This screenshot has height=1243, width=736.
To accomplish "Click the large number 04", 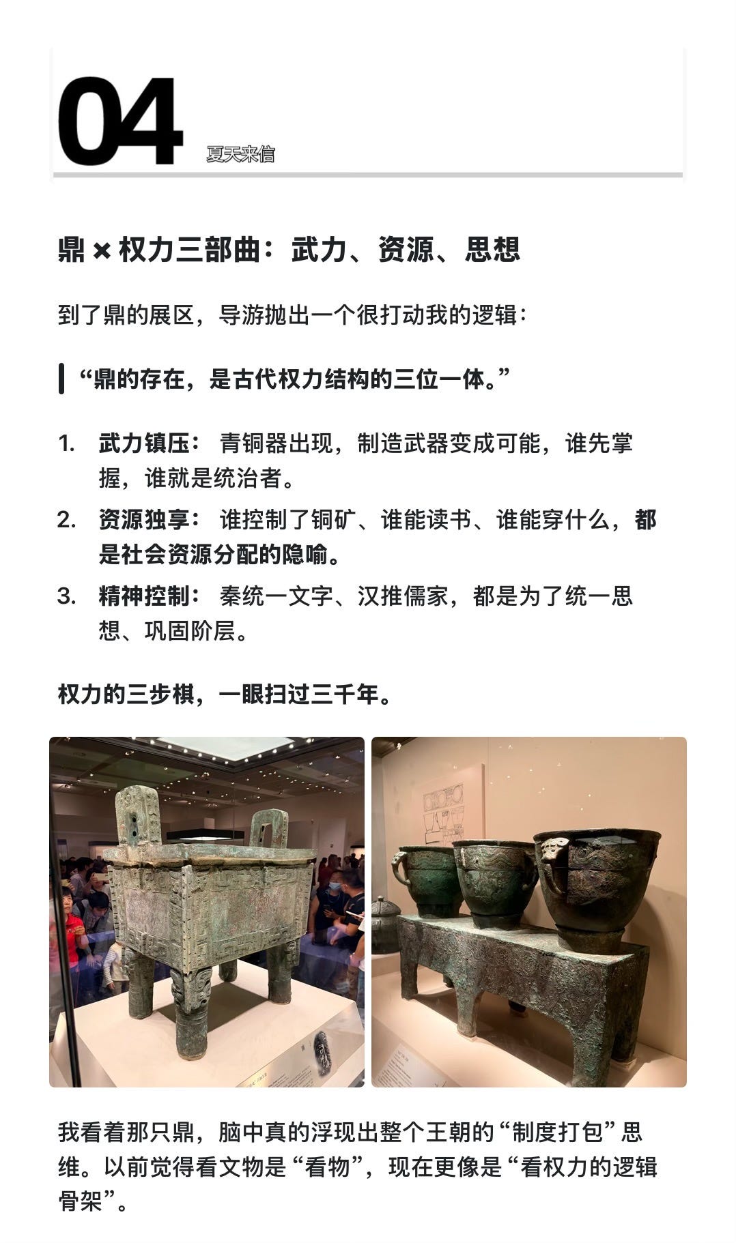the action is (120, 121).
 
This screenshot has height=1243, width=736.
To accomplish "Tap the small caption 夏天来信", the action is (240, 154).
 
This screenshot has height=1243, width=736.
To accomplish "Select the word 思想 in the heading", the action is (493, 250).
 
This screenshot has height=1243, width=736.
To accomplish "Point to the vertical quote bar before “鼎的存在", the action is (61, 379).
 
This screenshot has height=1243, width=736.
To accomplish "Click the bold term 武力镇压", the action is (144, 443).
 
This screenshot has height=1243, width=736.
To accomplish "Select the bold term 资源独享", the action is (144, 520).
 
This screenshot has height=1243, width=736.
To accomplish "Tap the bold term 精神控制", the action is (144, 596).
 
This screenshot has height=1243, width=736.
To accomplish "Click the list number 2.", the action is (66, 521).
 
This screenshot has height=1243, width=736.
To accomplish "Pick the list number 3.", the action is (66, 597).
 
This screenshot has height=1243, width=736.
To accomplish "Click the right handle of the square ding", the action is (268, 828).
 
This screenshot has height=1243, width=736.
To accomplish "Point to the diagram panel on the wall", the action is (444, 816).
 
